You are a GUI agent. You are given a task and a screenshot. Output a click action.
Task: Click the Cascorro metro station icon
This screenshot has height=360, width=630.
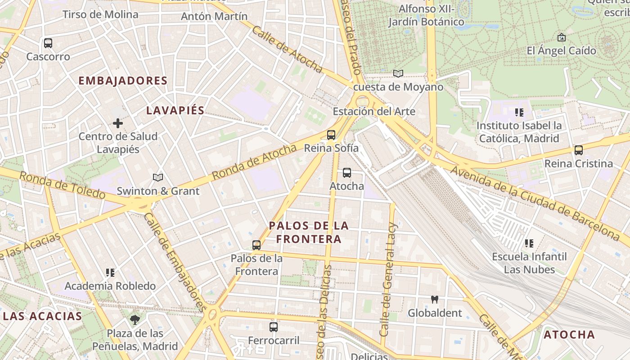coord(48,43)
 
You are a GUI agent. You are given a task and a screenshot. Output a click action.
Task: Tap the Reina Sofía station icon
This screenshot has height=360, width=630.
coord(331,135)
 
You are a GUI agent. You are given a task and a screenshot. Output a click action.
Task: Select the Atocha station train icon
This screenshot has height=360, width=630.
coord(347,172)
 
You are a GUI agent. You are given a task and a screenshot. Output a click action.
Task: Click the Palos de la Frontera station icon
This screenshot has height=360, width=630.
coord(256,245)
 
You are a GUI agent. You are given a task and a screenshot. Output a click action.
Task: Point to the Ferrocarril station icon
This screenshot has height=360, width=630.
coord(274,327)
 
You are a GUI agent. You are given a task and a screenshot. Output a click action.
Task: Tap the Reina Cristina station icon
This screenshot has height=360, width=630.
coord(579,150)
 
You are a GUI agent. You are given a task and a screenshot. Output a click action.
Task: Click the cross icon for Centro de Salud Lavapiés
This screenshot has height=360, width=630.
coord(118,123)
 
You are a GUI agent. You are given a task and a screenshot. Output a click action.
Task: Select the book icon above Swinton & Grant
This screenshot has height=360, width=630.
coord(157,177)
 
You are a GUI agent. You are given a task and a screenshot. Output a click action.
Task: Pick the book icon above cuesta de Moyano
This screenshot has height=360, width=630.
coord(398,73)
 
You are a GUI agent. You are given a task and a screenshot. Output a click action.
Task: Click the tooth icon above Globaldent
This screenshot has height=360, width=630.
coord(435,299)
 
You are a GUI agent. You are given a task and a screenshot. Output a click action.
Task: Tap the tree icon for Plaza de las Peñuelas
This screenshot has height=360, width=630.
coord(135,320)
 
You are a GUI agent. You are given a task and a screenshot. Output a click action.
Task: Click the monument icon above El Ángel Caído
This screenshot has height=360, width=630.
coord(561,37)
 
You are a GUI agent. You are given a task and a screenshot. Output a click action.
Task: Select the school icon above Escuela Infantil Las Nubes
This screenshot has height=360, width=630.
coord(529,243)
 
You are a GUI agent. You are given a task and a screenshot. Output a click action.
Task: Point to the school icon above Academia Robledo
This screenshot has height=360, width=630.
coord(110,272)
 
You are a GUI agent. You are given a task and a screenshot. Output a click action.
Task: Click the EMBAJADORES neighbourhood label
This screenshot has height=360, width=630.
coord(123,81)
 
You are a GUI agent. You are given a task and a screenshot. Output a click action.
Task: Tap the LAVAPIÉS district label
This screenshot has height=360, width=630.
coord(175,110)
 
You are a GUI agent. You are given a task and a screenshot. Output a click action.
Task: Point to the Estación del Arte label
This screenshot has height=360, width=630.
coord(374,111)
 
